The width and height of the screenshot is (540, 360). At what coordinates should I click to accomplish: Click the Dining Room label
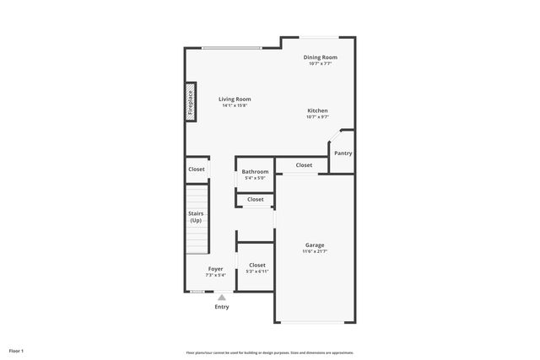click(320, 57)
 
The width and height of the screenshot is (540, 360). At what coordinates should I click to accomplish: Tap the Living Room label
click(235, 99)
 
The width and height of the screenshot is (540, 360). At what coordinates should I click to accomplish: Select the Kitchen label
click(317, 110)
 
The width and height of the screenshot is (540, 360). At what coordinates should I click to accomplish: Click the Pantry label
click(343, 153)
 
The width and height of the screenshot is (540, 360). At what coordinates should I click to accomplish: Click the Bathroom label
click(255, 171)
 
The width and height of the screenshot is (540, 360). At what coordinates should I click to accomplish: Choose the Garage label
click(314, 245)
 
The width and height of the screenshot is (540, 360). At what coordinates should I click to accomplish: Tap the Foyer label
click(216, 269)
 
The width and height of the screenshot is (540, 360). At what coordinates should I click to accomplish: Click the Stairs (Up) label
click(196, 217)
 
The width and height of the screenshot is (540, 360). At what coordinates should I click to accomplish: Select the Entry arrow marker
click(221, 296)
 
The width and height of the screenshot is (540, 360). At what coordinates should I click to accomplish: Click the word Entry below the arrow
click(221, 307)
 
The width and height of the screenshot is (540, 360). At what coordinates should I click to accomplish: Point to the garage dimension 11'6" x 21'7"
click(315, 251)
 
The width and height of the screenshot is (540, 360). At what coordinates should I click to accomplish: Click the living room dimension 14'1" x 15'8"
click(235, 105)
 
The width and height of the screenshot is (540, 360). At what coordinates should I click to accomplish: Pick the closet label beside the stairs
click(196, 169)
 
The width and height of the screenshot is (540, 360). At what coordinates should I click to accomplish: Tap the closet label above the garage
click(304, 165)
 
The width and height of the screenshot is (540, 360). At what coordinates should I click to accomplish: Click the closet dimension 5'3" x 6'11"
click(256, 271)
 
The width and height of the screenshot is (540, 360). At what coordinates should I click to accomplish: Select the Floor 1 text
click(16, 350)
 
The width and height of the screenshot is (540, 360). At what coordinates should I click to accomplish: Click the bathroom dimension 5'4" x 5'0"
click(255, 178)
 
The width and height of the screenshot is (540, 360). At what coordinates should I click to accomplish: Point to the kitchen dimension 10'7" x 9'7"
click(317, 117)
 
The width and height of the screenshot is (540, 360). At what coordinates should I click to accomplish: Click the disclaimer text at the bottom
click(269, 352)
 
